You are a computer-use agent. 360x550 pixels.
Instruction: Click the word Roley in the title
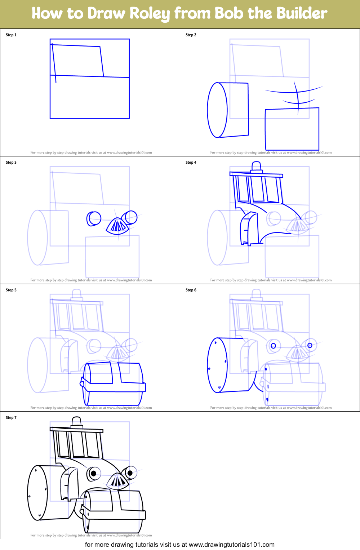(149, 13)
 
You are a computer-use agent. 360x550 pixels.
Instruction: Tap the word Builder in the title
(302, 13)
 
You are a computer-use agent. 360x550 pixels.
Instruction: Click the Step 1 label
(11, 35)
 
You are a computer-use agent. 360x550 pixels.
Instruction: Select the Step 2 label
(191, 35)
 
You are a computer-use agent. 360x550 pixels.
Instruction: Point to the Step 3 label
(11, 163)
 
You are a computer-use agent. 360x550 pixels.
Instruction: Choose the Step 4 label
(191, 163)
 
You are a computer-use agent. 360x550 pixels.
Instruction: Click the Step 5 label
(11, 290)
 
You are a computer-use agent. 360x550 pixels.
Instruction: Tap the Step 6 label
(191, 290)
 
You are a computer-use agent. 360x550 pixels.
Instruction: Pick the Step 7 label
(11, 418)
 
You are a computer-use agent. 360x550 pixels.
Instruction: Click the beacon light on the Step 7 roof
(77, 421)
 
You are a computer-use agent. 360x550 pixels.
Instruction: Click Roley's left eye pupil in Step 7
(94, 473)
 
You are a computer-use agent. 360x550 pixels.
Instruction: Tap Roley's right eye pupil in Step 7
(130, 473)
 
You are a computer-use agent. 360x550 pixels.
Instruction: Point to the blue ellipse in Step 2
(217, 110)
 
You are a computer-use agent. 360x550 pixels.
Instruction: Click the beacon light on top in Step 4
(256, 167)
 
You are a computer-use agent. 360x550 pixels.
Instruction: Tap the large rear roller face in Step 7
(37, 493)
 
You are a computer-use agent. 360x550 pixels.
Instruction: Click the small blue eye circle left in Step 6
(273, 346)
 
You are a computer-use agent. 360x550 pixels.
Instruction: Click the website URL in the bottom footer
(231, 545)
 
